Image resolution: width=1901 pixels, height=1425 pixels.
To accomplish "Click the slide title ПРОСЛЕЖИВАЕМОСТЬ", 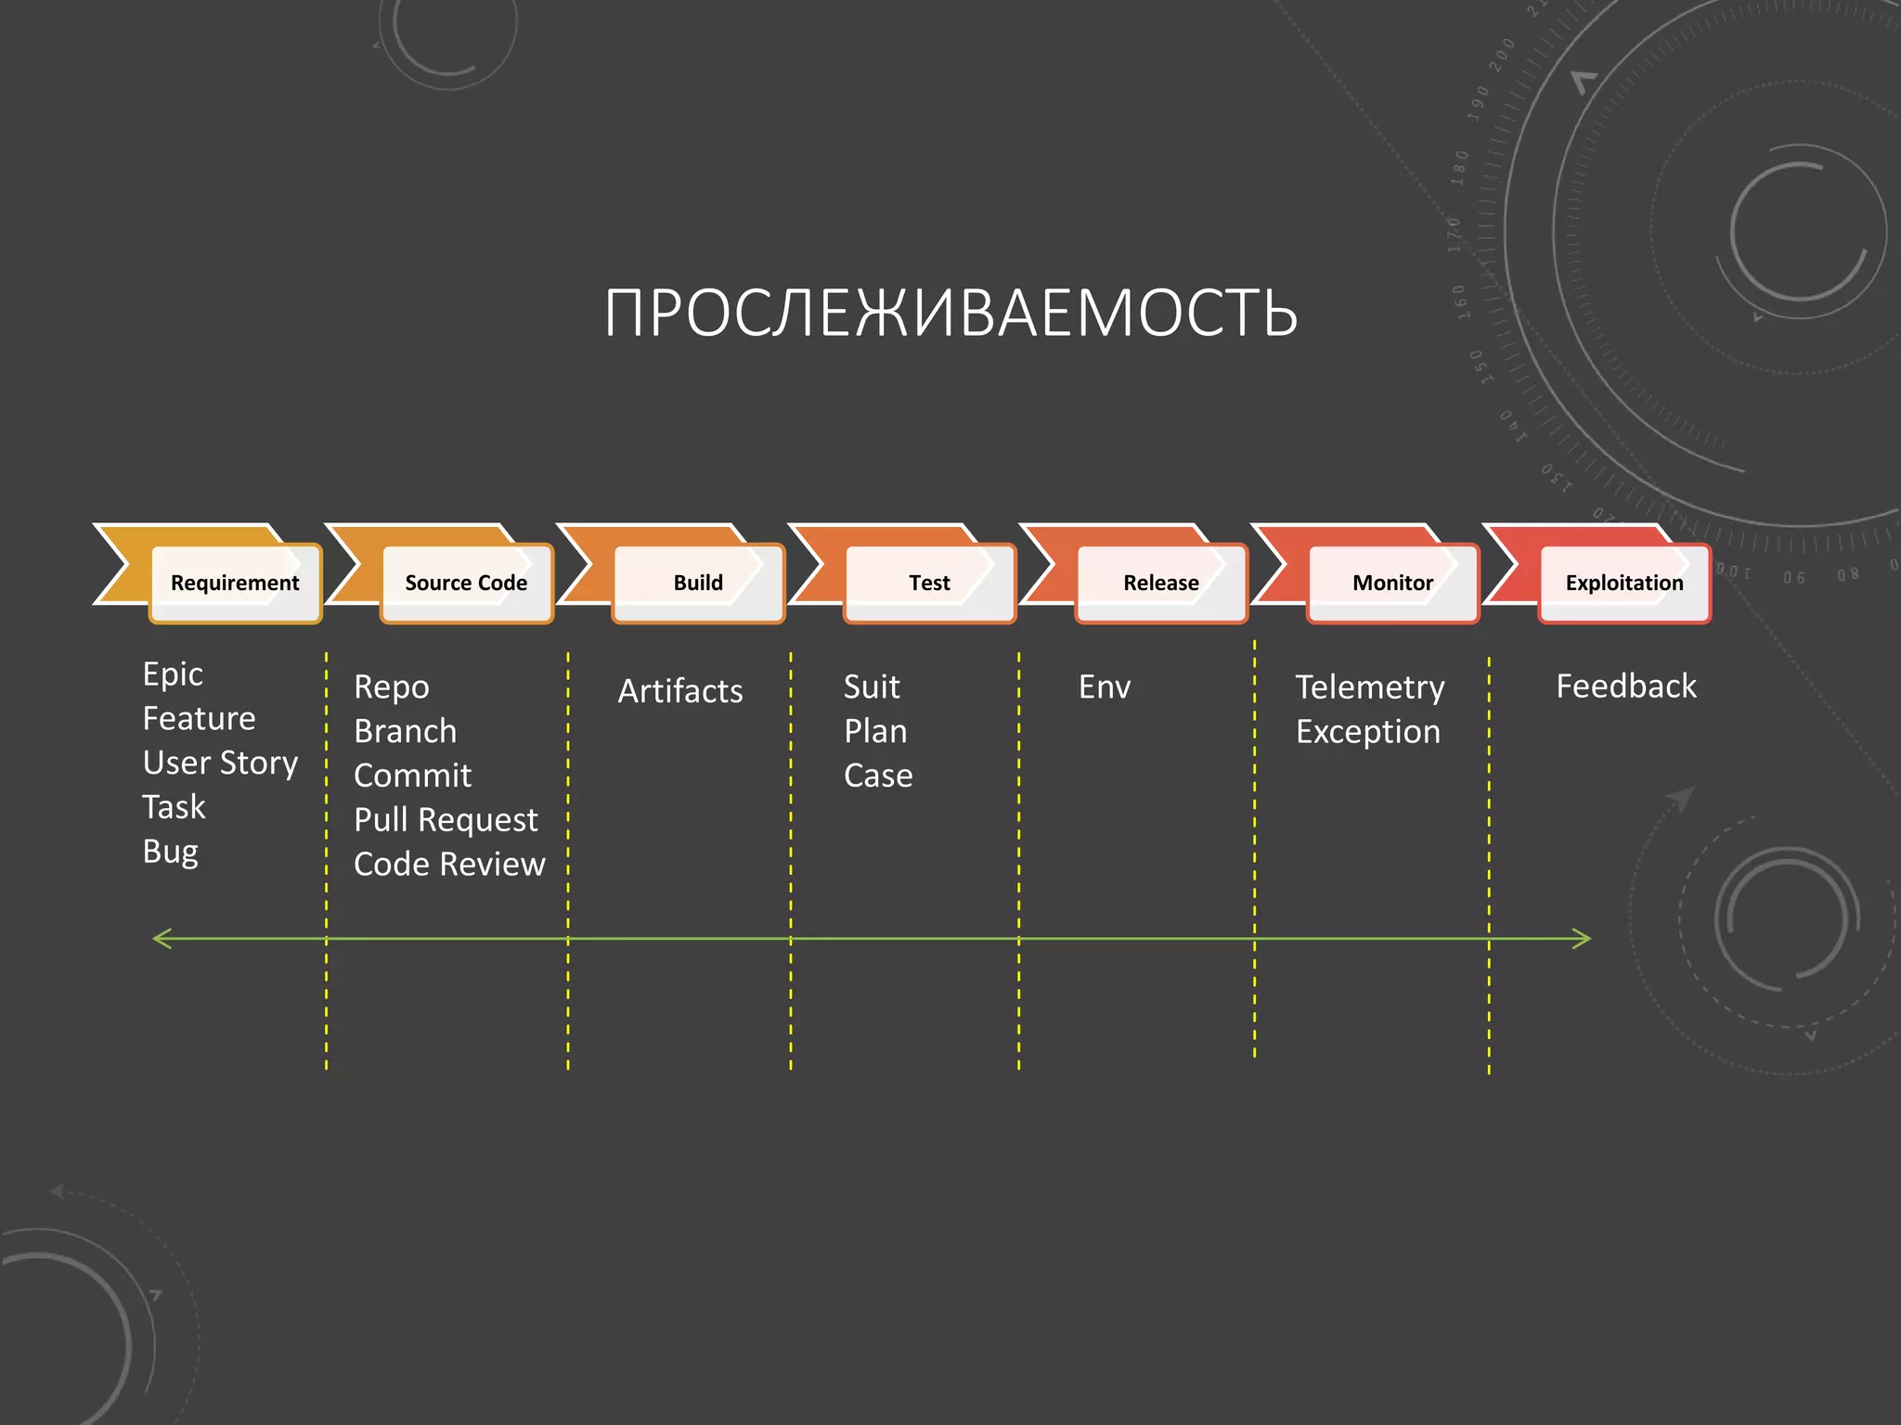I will [x=950, y=313].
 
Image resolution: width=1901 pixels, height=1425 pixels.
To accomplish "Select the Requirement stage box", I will [x=235, y=583].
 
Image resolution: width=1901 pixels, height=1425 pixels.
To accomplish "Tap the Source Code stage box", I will [x=466, y=583].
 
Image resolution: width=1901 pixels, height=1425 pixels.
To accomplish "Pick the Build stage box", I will [x=698, y=583].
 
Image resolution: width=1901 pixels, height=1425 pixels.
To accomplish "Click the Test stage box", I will [x=929, y=583].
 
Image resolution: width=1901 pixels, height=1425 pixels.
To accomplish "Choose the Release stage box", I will [x=1160, y=583].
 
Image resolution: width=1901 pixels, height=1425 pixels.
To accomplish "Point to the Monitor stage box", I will [x=1392, y=583].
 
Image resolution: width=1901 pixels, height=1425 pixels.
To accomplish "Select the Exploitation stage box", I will [x=1624, y=583].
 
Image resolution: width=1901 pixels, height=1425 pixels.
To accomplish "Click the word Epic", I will [x=173, y=674].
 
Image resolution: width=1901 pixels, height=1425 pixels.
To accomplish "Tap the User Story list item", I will [x=220, y=763].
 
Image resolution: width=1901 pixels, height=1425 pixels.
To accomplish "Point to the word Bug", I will [x=170, y=852].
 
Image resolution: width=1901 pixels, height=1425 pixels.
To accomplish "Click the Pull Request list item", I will [x=446, y=820].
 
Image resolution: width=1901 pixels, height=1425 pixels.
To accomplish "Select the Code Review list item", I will [x=449, y=865].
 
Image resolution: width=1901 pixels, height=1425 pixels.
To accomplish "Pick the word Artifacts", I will [x=680, y=691].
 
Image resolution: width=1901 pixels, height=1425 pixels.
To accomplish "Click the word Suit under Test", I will [x=872, y=687].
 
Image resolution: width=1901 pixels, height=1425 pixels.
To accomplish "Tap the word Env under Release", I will [x=1105, y=687].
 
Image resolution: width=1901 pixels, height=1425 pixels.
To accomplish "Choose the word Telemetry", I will [x=1370, y=687].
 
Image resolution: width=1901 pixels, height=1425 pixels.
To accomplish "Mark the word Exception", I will [x=1368, y=732].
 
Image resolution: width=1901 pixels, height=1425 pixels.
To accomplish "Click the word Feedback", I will [x=1626, y=687].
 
